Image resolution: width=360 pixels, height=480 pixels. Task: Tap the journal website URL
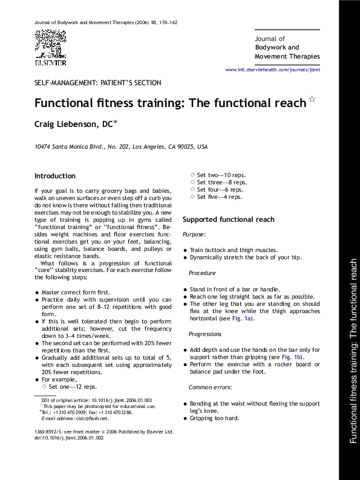[281, 70]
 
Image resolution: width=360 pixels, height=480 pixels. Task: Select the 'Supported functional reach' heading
[228, 219]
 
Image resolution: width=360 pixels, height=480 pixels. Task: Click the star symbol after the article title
[312, 99]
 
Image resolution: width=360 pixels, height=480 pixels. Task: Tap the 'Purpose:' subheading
[194, 234]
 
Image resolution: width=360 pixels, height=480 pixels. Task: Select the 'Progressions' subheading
[205, 334]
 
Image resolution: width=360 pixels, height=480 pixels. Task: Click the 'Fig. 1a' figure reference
[243, 319]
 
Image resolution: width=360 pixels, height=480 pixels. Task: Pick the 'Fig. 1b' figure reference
[293, 357]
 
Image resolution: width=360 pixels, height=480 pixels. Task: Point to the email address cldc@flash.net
[93, 418]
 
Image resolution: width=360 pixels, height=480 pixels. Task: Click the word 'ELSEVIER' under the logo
[50, 62]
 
